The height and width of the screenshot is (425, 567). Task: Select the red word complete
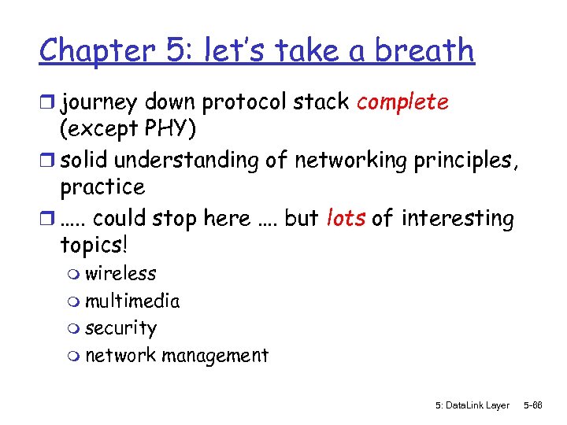402,103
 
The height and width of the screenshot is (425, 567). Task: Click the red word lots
345,217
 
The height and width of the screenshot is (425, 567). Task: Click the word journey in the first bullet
102,103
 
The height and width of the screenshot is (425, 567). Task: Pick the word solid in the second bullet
85,161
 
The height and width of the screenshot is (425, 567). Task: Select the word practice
102,187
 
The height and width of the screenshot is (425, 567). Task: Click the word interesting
458,217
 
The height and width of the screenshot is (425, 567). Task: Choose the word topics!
94,245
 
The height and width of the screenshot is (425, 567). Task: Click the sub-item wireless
120,274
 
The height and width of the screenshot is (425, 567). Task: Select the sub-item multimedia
132,301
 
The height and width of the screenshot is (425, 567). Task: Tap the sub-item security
121,328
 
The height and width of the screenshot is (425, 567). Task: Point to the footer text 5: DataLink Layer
472,405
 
